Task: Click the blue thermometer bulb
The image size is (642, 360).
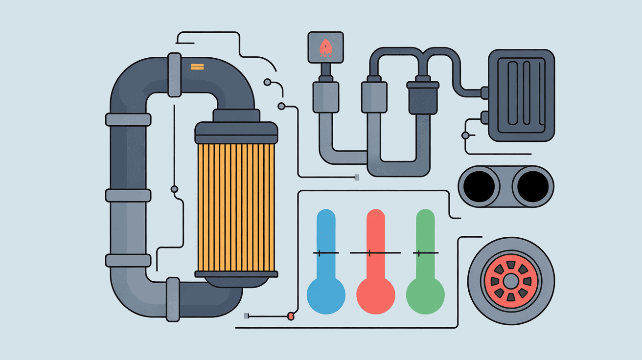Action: point(326,295)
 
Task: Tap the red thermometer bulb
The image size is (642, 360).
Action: point(375,295)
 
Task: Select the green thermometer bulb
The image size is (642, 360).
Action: point(425,295)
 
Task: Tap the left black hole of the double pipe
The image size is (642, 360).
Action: point(480,186)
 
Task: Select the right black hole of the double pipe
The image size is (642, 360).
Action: point(532,186)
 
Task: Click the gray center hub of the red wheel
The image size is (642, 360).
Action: point(511,281)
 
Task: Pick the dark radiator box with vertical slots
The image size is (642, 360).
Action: point(521,95)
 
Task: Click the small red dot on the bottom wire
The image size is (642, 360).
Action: point(291,316)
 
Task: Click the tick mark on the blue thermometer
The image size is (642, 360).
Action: point(319,253)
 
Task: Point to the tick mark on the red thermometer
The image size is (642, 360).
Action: point(369,253)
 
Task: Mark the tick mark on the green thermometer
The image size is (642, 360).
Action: point(419,253)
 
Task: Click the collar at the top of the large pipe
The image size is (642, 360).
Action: point(174,74)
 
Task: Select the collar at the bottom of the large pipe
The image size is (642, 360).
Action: point(173,299)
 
